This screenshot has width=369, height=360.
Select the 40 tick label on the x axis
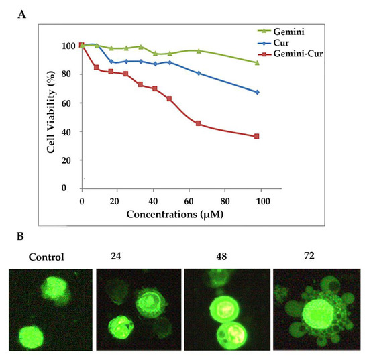pyautogui.click(x=153, y=201)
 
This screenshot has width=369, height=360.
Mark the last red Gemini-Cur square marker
pyautogui.click(x=257, y=136)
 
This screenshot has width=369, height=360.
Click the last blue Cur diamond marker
pyautogui.click(x=257, y=92)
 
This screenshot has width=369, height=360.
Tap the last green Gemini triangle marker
pyautogui.click(x=257, y=62)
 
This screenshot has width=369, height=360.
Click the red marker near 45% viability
pyautogui.click(x=199, y=123)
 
